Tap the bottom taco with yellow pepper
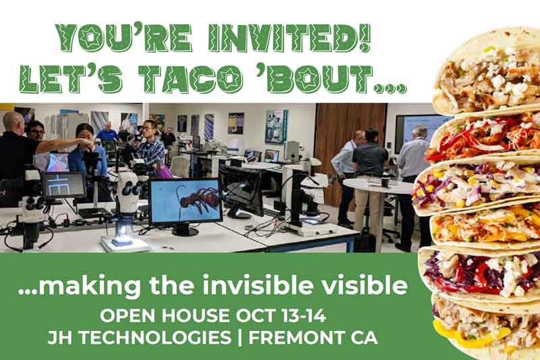[485, 328]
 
